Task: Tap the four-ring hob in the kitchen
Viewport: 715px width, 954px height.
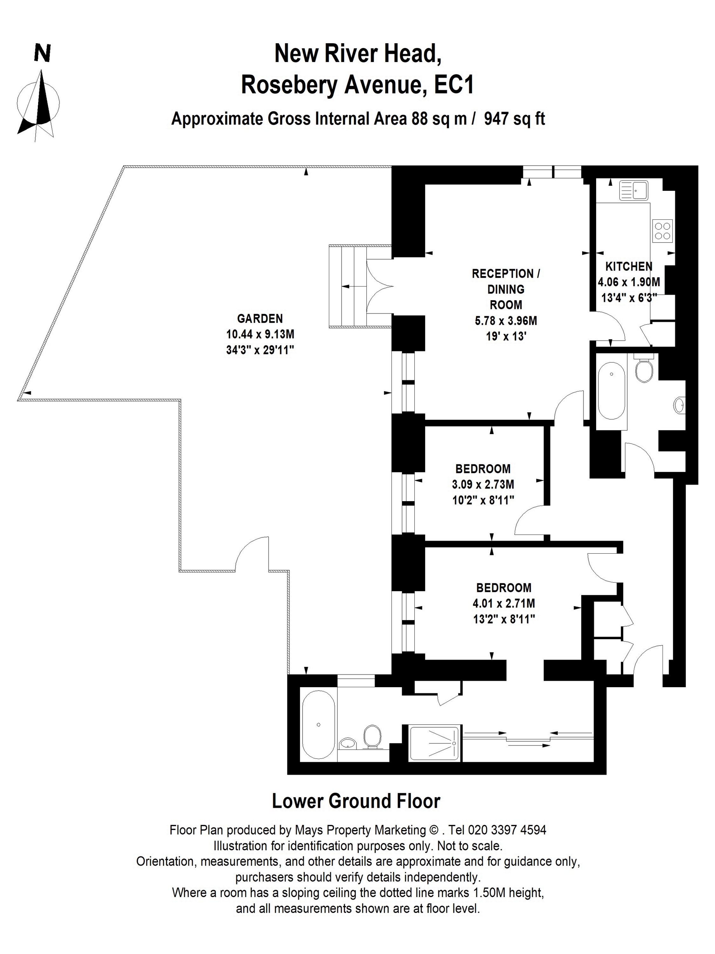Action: click(663, 230)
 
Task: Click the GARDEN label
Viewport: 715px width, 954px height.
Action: click(260, 318)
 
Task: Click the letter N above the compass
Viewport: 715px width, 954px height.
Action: click(42, 54)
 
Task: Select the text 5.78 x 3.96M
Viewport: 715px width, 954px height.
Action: click(506, 321)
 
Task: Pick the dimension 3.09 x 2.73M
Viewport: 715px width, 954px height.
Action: click(483, 484)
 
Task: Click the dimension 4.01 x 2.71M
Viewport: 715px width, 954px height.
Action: click(503, 603)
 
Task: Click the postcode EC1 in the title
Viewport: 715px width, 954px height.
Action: click(454, 85)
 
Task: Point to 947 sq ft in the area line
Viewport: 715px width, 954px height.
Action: click(514, 118)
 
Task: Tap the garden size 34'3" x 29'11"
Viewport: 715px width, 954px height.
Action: click(260, 350)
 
